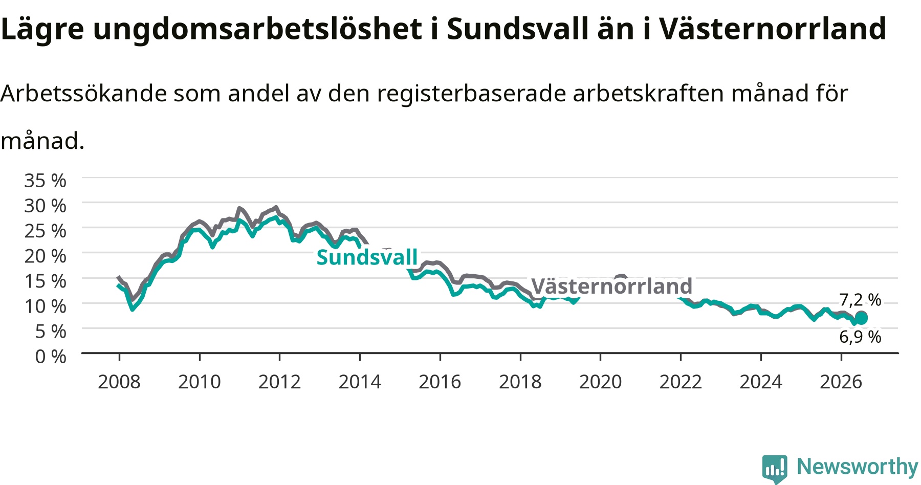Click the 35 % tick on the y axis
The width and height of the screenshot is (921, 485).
pyautogui.click(x=45, y=181)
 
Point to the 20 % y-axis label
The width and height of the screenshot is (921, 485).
pyautogui.click(x=45, y=256)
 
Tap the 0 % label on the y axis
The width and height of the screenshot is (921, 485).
pyautogui.click(x=51, y=356)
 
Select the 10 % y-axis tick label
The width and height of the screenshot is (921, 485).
pyautogui.click(x=45, y=306)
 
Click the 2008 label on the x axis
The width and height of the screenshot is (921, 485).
pyautogui.click(x=119, y=382)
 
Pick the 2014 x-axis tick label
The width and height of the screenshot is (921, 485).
pyautogui.click(x=360, y=382)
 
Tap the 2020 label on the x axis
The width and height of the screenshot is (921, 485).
pyautogui.click(x=600, y=382)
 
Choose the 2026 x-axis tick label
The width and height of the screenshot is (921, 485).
pyautogui.click(x=841, y=382)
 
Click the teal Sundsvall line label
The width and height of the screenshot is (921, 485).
pyautogui.click(x=367, y=257)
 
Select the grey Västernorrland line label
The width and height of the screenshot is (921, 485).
pyautogui.click(x=611, y=285)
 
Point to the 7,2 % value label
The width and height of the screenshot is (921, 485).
pyautogui.click(x=860, y=300)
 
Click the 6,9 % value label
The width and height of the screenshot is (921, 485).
pyautogui.click(x=860, y=337)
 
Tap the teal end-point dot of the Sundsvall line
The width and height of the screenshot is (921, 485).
pyautogui.click(x=862, y=319)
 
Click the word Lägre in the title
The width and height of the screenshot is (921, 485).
pyautogui.click(x=42, y=29)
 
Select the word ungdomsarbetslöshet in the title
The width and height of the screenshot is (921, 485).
pyautogui.click(x=257, y=29)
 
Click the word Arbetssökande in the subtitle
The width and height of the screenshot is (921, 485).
pyautogui.click(x=84, y=94)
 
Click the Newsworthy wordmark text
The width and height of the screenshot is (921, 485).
pyautogui.click(x=858, y=467)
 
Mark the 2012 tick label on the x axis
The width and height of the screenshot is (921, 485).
pyautogui.click(x=279, y=382)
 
